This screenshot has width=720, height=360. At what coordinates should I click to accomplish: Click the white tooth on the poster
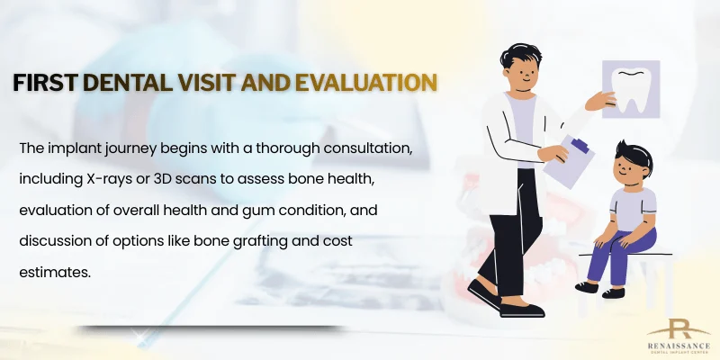pyautogui.click(x=631, y=91)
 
